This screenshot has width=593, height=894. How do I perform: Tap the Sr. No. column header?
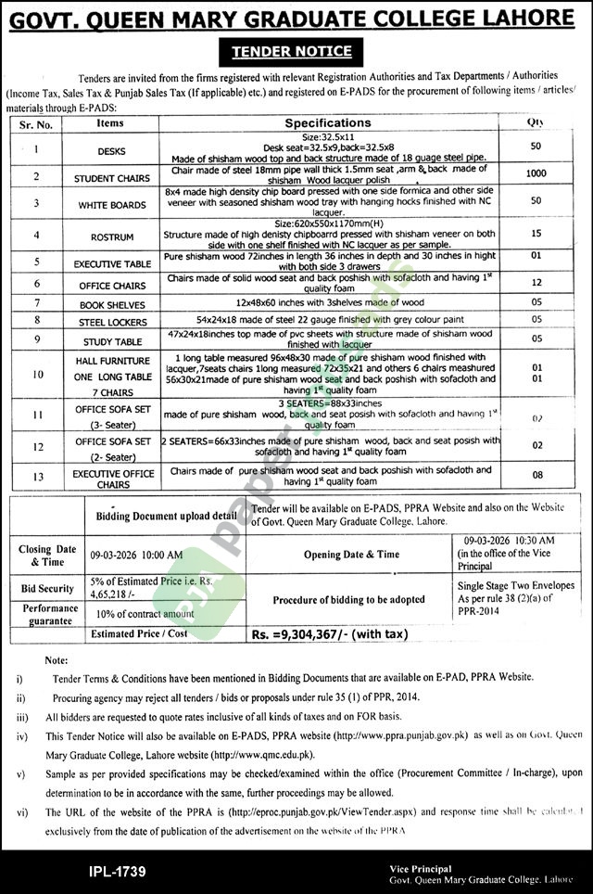click(37, 123)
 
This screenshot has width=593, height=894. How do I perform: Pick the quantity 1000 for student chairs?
click(536, 173)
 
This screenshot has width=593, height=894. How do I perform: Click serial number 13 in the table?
click(37, 477)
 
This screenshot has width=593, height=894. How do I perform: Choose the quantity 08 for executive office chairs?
click(536, 475)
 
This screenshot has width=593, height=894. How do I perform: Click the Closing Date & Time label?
click(46, 556)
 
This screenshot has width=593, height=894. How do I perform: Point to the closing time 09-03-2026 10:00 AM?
click(136, 555)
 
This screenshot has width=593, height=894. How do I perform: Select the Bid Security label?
click(46, 588)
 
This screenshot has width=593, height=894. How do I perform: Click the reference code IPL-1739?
click(117, 871)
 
